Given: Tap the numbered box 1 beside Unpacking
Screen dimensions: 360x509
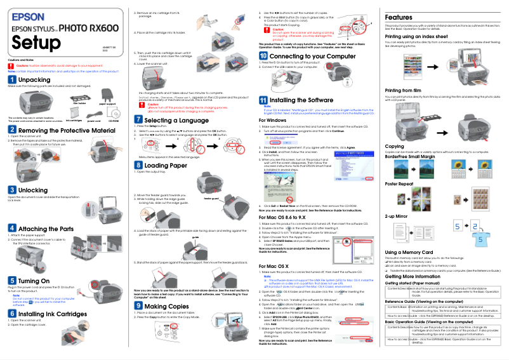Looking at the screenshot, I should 12,79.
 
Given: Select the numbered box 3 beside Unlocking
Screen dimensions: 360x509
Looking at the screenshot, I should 12,190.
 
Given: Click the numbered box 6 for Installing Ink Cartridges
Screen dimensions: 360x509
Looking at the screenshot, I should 12,314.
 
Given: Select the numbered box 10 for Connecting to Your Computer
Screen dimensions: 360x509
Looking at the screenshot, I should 263,57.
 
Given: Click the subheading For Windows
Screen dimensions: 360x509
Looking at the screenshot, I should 272,120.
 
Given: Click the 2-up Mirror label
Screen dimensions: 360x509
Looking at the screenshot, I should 397,216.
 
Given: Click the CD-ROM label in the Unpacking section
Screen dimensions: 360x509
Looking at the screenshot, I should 114,120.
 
